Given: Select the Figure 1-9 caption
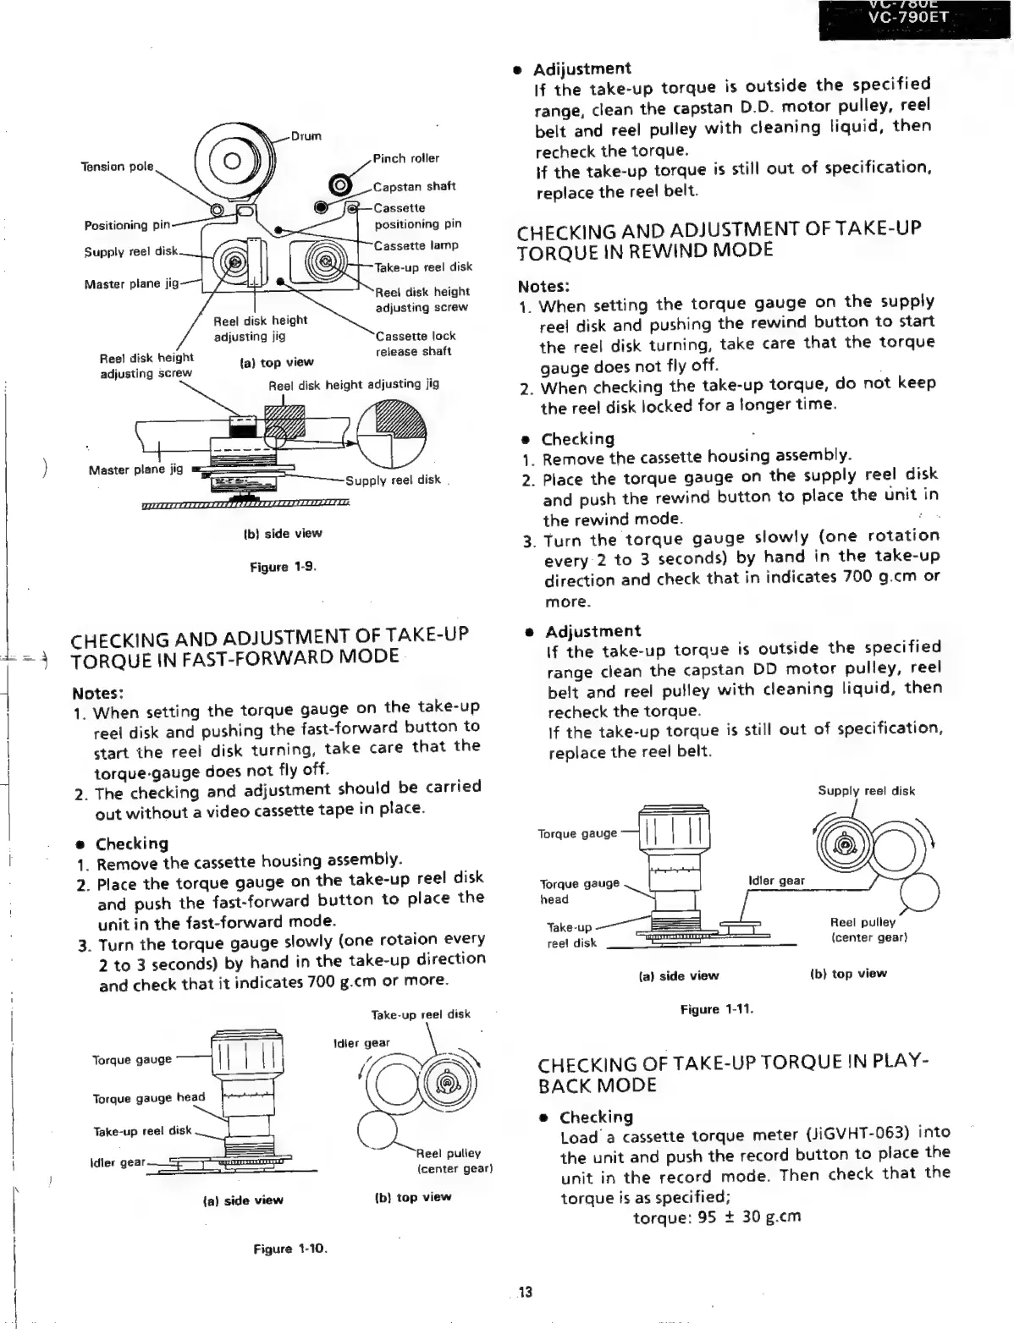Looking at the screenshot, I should (x=283, y=567).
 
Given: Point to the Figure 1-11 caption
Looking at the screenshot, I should (x=716, y=1009).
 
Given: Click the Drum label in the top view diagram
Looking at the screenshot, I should (x=306, y=136).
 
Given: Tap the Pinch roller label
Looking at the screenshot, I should (x=406, y=158).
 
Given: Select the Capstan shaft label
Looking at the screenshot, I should (x=415, y=186).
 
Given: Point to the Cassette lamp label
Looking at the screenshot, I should (x=416, y=245).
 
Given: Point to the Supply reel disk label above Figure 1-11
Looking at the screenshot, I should (x=866, y=791).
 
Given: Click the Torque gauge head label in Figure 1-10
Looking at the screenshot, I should (x=149, y=1098).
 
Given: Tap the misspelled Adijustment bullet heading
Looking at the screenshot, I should (x=581, y=69).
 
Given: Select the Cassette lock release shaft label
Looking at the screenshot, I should (x=416, y=343).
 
